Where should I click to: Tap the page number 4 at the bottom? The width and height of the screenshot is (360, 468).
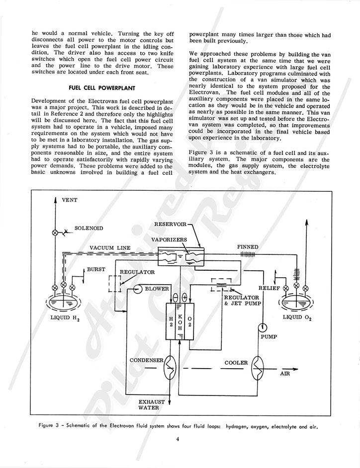pos(177,439)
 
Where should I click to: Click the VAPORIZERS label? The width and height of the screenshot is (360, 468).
pos(170,239)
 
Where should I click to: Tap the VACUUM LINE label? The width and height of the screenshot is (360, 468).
pos(113,248)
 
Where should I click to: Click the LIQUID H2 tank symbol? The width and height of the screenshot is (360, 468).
pos(63,301)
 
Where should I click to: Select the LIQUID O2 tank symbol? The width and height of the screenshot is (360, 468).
pos(296,301)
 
